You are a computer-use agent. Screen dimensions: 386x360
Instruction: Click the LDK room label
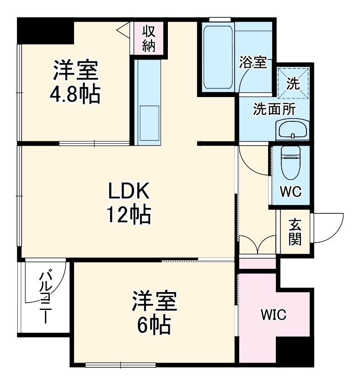[129, 191]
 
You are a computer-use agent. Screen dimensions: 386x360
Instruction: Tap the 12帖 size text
[129, 214]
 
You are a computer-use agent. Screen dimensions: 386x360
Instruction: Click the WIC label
[274, 315]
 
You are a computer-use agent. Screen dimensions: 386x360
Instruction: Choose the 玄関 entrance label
[295, 232]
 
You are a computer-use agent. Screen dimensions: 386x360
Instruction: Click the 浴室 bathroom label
[253, 63]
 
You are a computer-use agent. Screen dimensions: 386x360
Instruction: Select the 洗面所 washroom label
[274, 109]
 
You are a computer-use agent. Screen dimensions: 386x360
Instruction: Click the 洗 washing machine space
[293, 83]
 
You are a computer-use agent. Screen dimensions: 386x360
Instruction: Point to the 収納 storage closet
[149, 39]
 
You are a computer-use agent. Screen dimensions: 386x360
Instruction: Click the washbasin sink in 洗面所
[293, 129]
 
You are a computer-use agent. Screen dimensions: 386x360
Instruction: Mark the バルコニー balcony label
[46, 296]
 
